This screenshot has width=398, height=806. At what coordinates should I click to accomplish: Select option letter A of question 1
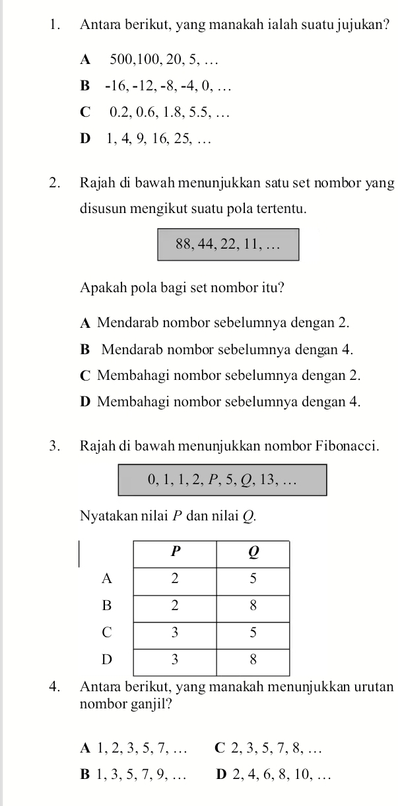pos(84,60)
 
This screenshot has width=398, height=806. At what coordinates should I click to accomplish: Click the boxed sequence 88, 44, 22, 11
pos(228,245)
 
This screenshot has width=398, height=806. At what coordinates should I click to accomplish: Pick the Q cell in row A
pos(253,578)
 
